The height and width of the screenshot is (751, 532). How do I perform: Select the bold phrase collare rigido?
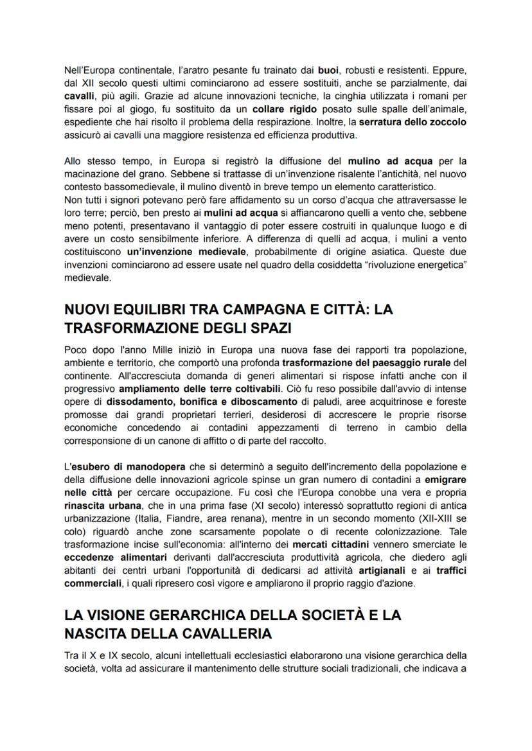tap(283, 110)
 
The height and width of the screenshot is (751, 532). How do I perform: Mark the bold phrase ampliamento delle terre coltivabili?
tap(200, 389)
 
